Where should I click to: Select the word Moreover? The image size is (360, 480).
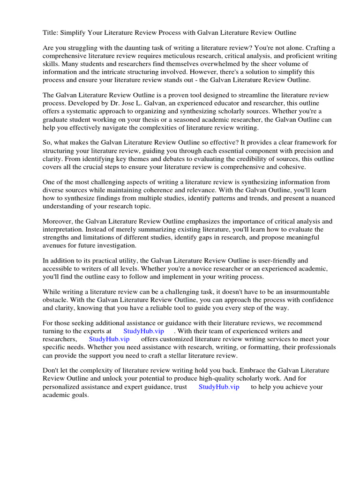pyautogui.click(x=58, y=221)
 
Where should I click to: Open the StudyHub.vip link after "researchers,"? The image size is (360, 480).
pyautogui.click(x=109, y=339)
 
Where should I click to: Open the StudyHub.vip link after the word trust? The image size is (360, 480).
pyautogui.click(x=219, y=387)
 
